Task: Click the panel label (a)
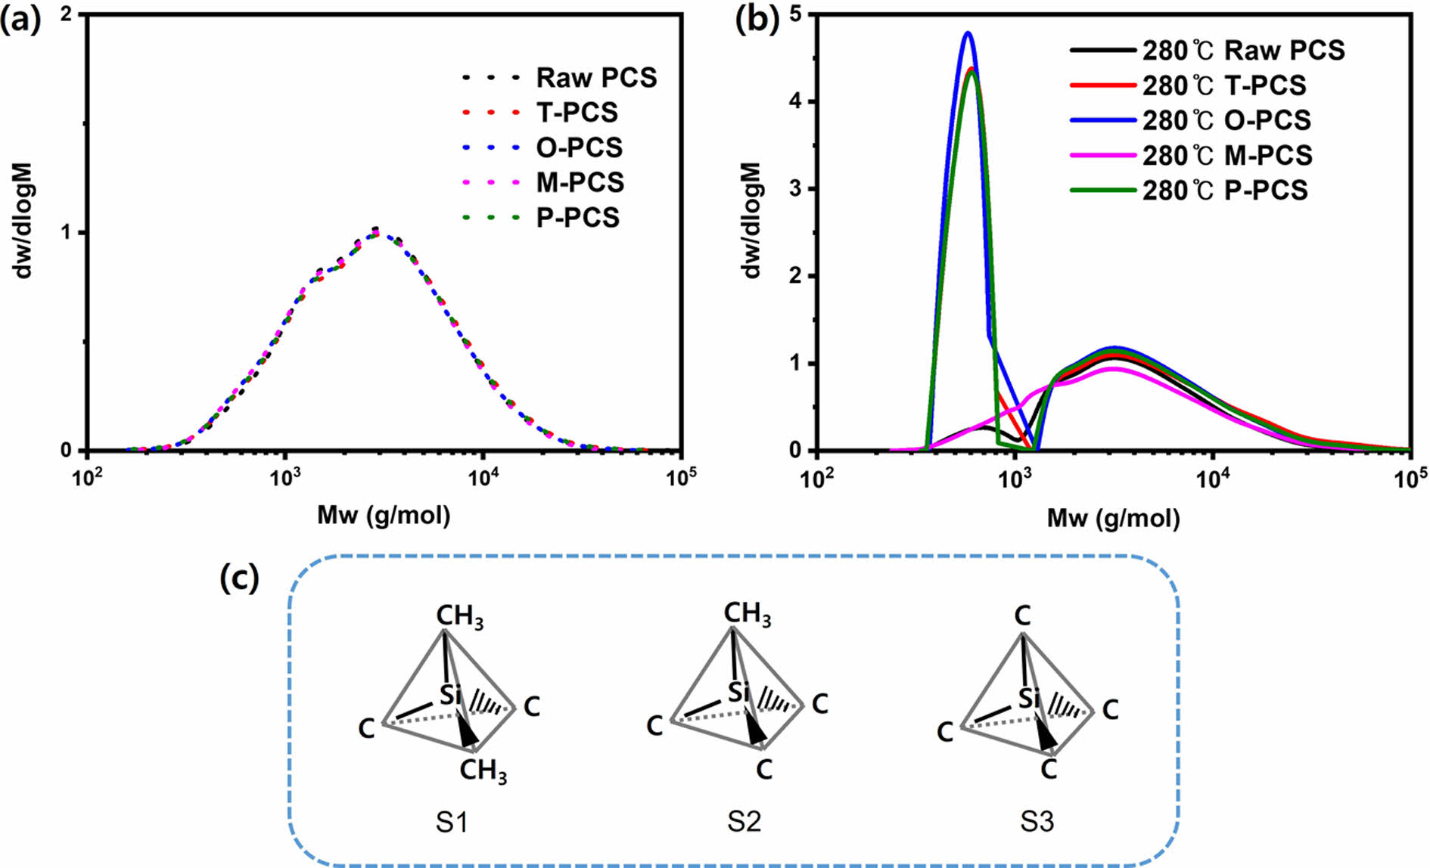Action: tap(20, 21)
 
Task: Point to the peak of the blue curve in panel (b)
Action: tap(967, 33)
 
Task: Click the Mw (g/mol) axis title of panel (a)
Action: tap(384, 516)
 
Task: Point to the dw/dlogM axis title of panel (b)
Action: tap(752, 220)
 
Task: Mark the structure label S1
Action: tap(452, 822)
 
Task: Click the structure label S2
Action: tap(745, 822)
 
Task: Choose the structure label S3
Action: tap(1037, 822)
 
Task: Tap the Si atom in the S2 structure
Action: tap(738, 692)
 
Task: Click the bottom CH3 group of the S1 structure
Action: tap(483, 771)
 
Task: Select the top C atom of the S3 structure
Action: tap(1022, 616)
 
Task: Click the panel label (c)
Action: tap(239, 578)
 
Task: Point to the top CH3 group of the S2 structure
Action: tap(747, 614)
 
